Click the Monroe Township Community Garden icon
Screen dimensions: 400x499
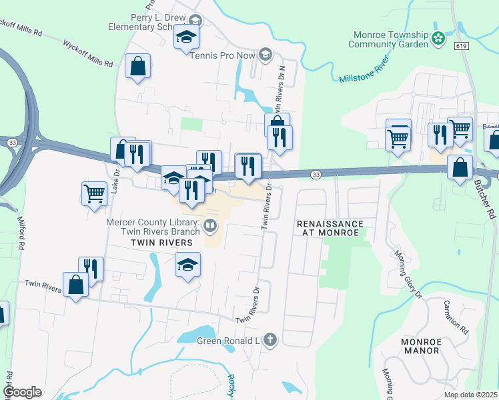(x=438, y=38)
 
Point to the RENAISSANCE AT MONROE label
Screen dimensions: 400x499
(x=331, y=228)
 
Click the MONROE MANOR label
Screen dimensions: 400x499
(x=421, y=346)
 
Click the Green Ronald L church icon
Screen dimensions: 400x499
(x=270, y=340)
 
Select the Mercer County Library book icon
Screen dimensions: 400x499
(x=210, y=227)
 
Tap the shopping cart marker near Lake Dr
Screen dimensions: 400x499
(x=94, y=193)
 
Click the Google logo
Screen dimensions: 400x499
(x=22, y=392)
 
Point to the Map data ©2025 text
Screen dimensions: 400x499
(x=470, y=395)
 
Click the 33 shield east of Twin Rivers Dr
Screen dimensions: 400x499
(x=316, y=175)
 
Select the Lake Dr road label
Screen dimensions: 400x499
(x=115, y=180)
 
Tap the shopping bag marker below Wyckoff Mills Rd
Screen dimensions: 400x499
(x=137, y=66)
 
